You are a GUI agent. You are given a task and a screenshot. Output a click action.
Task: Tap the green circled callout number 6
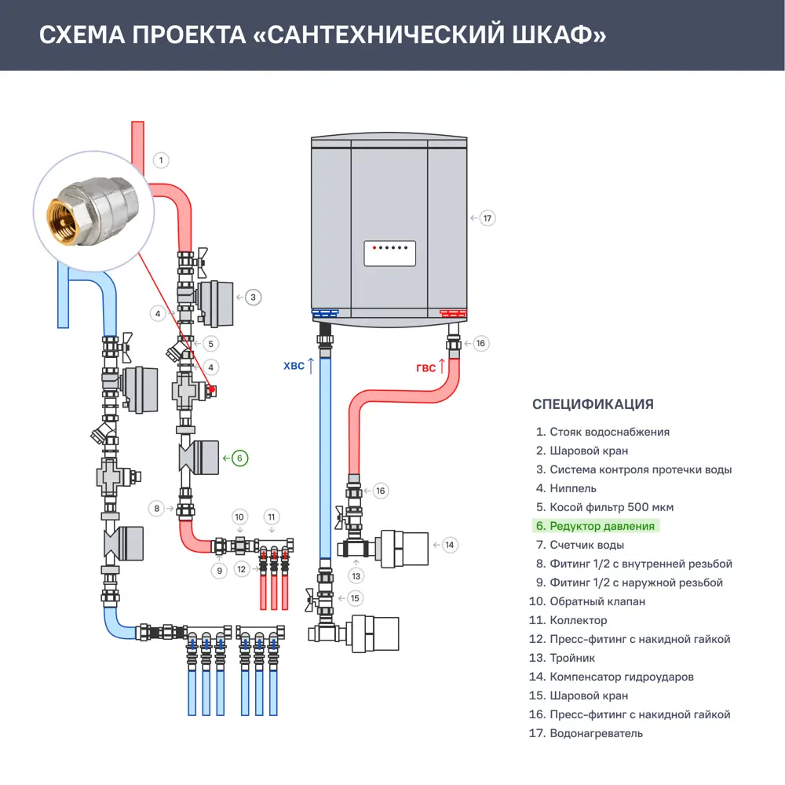pos(240,458)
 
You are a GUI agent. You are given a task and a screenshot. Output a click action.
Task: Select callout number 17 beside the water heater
pos(487,218)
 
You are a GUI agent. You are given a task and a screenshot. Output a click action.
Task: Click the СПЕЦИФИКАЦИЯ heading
pos(593,405)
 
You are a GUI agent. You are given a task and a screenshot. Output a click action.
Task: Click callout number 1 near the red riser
pos(160,161)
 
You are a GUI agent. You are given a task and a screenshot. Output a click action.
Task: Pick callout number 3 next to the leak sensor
pos(253,298)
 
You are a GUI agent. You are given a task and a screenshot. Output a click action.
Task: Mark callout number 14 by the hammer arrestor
pos(449,544)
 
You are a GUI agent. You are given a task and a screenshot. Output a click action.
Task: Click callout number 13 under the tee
pos(356,576)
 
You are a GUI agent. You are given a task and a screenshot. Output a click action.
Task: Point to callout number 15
pos(356,598)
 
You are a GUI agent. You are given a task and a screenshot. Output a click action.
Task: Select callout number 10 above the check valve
pos(240,517)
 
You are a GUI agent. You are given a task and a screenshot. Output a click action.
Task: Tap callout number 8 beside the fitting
pos(158,509)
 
